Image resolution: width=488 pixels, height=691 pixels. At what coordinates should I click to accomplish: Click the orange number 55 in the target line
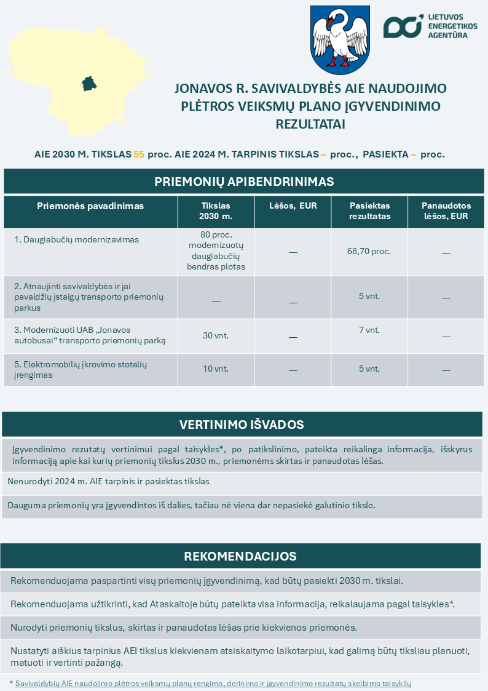pos(139,154)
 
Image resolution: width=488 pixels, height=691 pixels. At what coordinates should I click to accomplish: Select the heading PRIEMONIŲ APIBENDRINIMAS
pos(244,182)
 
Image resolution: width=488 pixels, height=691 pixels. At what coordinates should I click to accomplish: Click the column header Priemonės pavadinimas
pos(90,206)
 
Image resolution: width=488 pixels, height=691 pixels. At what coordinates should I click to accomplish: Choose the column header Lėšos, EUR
pos(293,206)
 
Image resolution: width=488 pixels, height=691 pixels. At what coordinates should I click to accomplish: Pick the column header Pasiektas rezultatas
pos(369,211)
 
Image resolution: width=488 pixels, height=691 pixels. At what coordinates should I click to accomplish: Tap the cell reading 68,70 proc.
pos(369,251)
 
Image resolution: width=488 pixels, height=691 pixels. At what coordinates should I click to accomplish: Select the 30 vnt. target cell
pos(216,335)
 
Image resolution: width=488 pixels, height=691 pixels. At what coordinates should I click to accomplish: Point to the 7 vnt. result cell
pos(369,330)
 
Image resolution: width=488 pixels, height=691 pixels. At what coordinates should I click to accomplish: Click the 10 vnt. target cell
pos(216,369)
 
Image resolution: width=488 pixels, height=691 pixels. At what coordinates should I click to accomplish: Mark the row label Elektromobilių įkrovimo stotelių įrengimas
pos(80,369)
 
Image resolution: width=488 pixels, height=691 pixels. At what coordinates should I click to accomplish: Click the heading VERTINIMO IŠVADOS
pos(242,425)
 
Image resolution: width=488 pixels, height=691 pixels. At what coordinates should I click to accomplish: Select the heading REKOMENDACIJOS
pos(240,556)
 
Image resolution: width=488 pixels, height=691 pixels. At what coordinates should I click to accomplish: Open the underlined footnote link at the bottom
pos(213,684)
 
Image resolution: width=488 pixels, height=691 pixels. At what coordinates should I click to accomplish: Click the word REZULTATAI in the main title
pos(310,124)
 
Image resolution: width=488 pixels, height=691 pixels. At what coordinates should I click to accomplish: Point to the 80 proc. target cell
pos(216,250)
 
